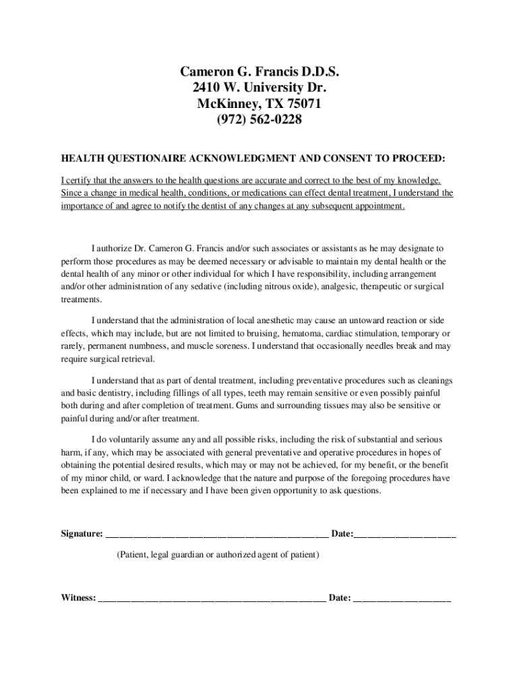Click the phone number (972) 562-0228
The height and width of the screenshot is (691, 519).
[x=259, y=120]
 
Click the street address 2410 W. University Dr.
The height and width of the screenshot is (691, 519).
[x=259, y=88]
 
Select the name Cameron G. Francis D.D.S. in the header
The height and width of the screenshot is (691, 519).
[x=259, y=72]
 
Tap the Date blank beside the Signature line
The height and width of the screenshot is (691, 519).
[x=405, y=535]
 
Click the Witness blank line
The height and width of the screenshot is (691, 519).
[x=212, y=599]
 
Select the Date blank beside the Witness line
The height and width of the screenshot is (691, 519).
[x=402, y=599]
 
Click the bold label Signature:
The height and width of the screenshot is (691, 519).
[x=82, y=534]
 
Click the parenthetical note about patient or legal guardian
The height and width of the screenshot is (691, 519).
[x=218, y=555]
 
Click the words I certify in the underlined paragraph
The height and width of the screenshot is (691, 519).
[x=76, y=181]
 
